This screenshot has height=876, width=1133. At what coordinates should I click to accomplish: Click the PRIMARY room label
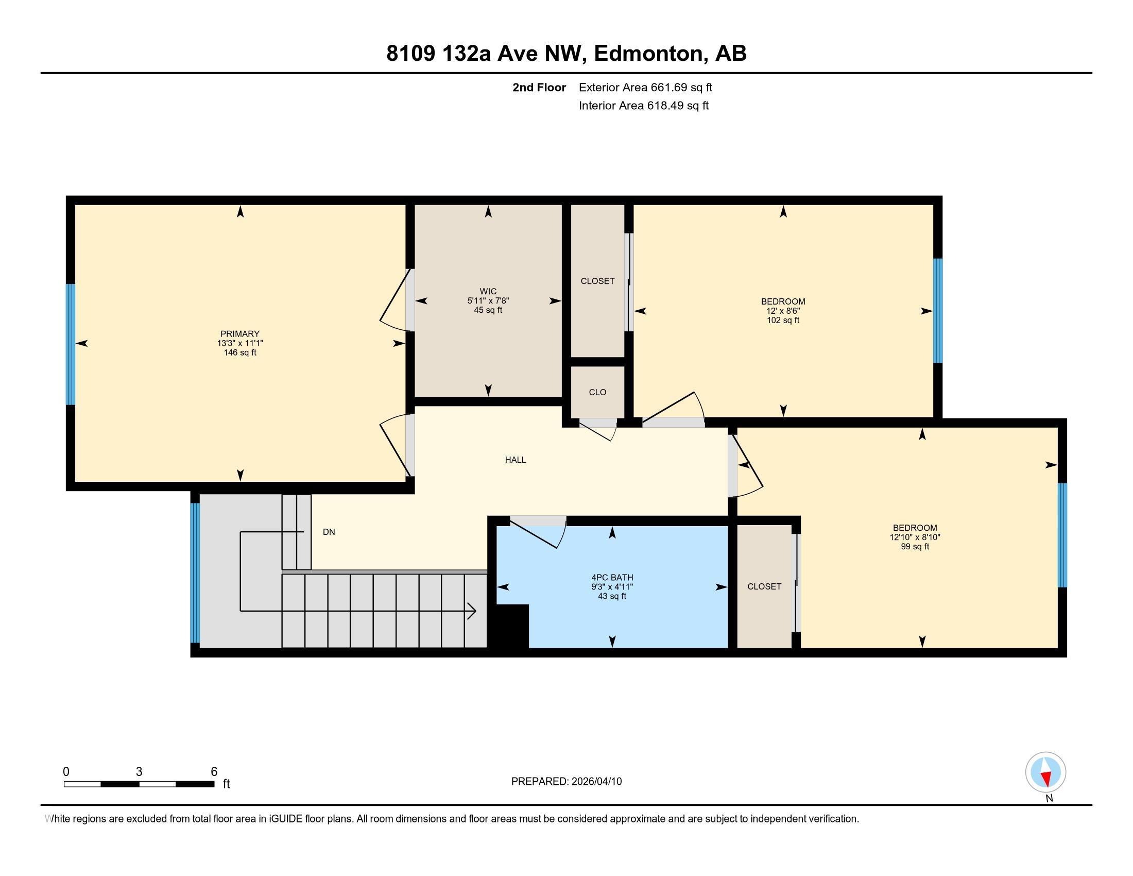[239, 334]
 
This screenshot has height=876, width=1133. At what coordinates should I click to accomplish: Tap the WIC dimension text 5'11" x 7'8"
[488, 300]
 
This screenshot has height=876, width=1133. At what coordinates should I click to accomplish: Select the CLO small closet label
[597, 392]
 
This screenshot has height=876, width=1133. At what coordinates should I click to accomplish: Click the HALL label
[515, 460]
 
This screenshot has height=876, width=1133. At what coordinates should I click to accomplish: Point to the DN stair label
[329, 532]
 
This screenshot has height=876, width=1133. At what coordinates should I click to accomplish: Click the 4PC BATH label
[612, 578]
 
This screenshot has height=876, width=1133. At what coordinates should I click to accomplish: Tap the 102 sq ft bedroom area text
[783, 320]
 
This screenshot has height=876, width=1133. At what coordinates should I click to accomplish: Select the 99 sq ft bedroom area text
[915, 546]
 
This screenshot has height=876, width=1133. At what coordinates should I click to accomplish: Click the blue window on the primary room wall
[71, 344]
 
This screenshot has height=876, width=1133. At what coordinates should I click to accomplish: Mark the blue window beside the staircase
[195, 573]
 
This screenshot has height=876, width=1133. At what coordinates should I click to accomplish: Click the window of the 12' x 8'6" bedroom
[937, 310]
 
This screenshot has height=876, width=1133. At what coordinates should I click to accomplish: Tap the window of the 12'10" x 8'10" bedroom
[1062, 535]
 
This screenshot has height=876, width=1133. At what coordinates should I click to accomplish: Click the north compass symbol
[1045, 772]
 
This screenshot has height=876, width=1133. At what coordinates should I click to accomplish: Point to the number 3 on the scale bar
[139, 772]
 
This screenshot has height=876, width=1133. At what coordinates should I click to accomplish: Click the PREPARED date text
[566, 782]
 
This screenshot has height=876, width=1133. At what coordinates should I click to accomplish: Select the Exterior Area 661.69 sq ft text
[645, 88]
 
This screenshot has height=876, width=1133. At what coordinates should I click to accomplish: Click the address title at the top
[566, 54]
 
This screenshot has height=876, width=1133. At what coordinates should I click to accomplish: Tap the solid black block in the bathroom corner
[509, 627]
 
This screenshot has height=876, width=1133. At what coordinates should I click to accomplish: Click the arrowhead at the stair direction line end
[472, 611]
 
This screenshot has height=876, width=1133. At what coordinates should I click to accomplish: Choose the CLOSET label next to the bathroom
[764, 586]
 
